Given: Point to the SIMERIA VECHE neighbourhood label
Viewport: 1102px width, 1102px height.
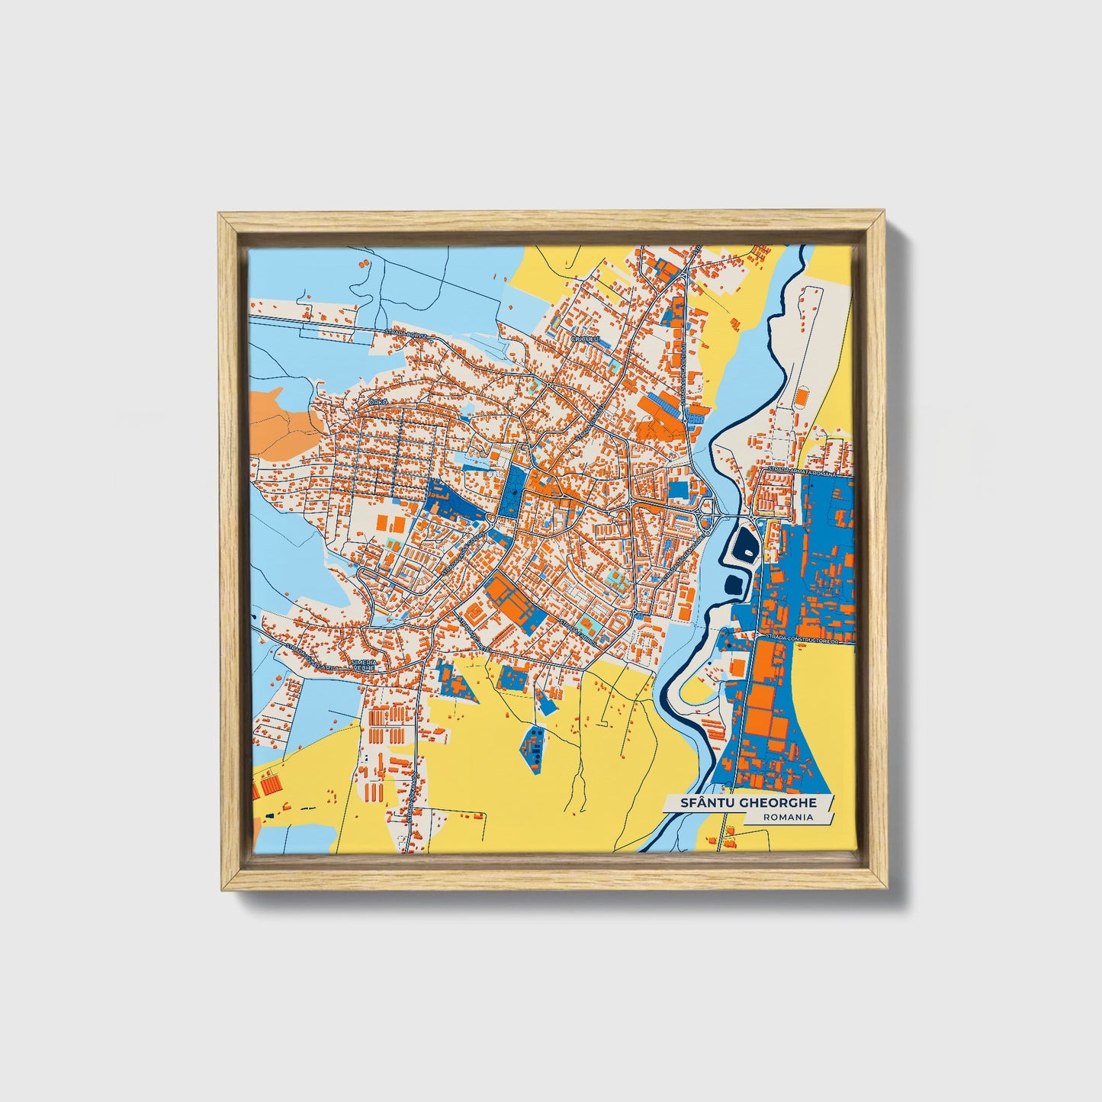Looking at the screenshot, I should [363, 665].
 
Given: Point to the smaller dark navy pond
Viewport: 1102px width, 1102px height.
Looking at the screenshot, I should [734, 584].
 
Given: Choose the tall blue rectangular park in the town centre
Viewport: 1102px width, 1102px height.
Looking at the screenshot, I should [512, 493].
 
